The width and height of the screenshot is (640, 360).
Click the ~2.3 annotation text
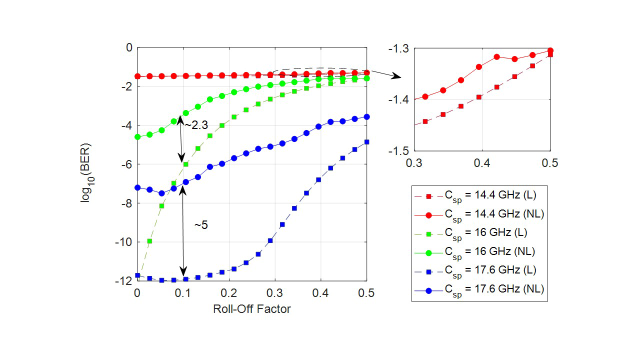[195, 125]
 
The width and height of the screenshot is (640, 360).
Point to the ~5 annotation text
[201, 225]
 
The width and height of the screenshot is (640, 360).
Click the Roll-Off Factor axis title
[252, 309]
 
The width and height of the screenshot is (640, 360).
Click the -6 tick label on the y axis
[127, 164]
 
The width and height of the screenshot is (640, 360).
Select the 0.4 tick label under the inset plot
[482, 163]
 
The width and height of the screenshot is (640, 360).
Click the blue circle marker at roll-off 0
[137, 187]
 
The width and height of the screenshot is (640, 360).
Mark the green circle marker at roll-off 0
[137, 136]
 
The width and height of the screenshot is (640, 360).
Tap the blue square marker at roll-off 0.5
[366, 142]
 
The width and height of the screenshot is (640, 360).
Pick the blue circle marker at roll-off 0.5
[366, 116]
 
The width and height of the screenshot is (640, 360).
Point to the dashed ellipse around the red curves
[320, 68]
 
